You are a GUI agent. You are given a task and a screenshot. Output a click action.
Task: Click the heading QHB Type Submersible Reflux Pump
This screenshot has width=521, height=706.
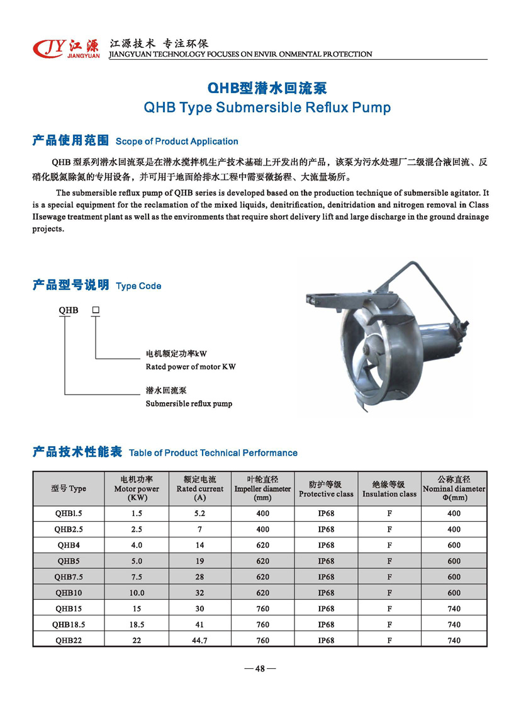pyautogui.click(x=267, y=107)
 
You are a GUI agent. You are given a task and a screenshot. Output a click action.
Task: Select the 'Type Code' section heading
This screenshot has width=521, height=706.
pyautogui.click(x=138, y=286)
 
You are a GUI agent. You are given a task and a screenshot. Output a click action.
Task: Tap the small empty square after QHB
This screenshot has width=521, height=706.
pyautogui.click(x=96, y=310)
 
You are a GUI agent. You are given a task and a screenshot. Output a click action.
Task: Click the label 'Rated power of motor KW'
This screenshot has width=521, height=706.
pyautogui.click(x=191, y=367)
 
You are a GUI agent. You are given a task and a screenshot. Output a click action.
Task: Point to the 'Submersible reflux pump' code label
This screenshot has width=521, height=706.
pyautogui.click(x=189, y=403)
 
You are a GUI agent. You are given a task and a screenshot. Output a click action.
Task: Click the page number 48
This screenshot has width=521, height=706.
pyautogui.click(x=260, y=668)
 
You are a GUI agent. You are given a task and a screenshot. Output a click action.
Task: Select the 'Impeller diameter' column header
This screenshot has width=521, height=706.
pyautogui.click(x=262, y=489)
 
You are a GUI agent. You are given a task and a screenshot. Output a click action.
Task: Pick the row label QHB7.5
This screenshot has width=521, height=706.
pyautogui.click(x=69, y=577)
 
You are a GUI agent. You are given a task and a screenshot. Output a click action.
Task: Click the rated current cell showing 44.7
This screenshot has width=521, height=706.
pyautogui.click(x=200, y=641)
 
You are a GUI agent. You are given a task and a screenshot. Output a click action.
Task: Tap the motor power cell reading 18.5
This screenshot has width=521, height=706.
pyautogui.click(x=137, y=625)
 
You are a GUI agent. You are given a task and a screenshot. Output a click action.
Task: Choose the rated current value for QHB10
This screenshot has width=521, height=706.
pyautogui.click(x=200, y=593)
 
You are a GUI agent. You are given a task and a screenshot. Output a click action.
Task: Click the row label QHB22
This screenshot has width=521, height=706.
pyautogui.click(x=69, y=641)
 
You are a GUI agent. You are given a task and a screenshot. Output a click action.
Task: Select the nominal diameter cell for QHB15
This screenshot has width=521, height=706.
pyautogui.click(x=454, y=609)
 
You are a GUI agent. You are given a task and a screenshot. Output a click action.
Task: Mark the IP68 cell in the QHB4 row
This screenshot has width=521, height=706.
pyautogui.click(x=326, y=546)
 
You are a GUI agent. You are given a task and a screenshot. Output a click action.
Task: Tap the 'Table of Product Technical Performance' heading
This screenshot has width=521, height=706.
pyautogui.click(x=213, y=453)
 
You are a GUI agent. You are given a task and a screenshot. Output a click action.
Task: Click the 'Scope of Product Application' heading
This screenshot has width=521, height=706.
pyautogui.click(x=177, y=142)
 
